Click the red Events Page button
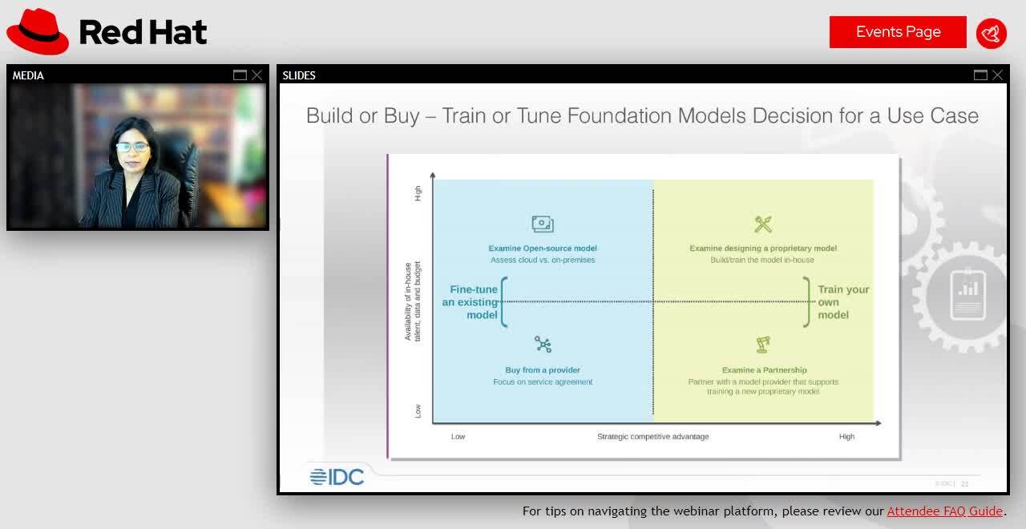[x=898, y=32]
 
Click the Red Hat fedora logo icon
[x=38, y=31]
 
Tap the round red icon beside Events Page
[x=992, y=33]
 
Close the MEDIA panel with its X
[x=256, y=75]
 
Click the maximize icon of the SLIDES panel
[x=980, y=75]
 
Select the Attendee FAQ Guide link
[x=944, y=511]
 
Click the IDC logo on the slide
[x=337, y=477]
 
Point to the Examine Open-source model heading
[x=543, y=248]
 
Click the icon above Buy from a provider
[x=543, y=345]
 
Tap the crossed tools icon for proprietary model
[x=763, y=224]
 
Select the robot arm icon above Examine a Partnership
[x=763, y=345]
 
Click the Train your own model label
[x=842, y=302]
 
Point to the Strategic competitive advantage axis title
[x=652, y=437]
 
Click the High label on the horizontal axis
[x=846, y=437]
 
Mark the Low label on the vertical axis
[x=418, y=410]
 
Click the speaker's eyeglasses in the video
[x=132, y=147]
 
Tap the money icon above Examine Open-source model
[x=543, y=224]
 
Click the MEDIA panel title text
[x=28, y=75]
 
